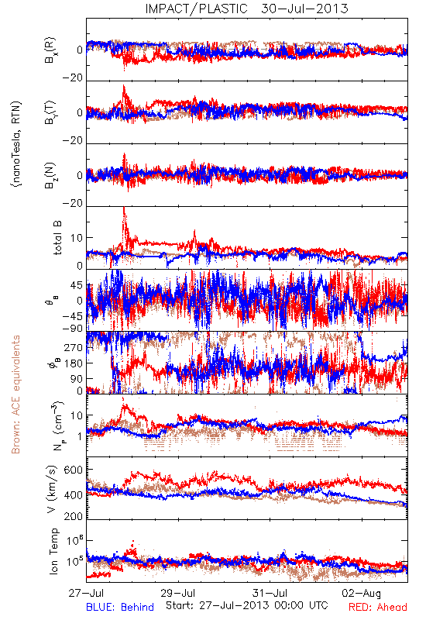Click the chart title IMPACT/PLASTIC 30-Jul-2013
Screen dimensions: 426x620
coord(246,9)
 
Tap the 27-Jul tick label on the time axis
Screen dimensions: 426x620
coord(86,593)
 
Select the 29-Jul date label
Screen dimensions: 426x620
coord(178,593)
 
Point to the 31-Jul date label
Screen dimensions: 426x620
coord(270,593)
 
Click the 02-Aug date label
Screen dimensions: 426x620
coord(362,593)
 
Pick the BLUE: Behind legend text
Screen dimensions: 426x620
coord(120,607)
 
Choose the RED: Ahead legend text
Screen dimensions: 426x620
coord(378,607)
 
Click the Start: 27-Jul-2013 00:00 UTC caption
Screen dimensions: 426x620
coord(247,605)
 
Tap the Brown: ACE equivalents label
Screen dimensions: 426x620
coord(15,394)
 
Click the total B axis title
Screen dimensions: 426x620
coord(57,238)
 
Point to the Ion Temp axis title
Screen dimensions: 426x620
coord(53,551)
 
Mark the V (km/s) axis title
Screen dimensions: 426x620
coord(53,490)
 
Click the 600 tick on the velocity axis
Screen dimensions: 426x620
coord(73,470)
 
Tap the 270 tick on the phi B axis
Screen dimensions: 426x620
coord(73,347)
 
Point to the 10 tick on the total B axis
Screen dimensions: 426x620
coord(77,238)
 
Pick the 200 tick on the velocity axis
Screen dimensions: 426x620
coord(73,516)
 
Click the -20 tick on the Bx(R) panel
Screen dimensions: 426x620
coord(72,78)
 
